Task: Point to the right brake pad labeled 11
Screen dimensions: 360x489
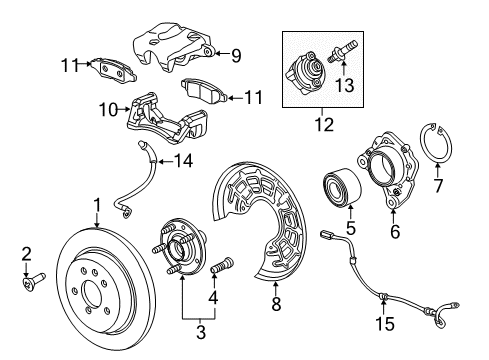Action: (204, 91)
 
